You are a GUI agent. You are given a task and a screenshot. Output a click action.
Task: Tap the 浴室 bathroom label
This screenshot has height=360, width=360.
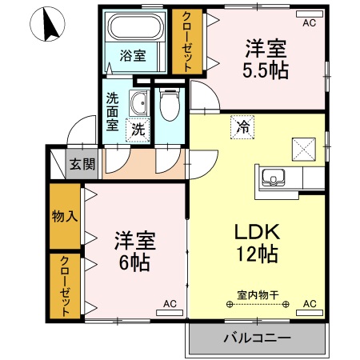coord(133,56)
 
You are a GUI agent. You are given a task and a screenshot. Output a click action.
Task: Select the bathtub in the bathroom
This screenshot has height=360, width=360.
coord(134,30)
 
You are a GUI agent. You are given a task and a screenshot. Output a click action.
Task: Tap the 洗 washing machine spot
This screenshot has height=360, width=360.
coord(138,128)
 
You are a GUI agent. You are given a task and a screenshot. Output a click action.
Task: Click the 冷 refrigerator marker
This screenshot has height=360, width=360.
coord(240,125)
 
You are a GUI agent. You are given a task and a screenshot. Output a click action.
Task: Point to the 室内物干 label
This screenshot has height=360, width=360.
coord(257,294)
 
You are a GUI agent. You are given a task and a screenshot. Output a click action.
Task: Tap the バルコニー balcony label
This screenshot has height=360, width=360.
coord(257,338)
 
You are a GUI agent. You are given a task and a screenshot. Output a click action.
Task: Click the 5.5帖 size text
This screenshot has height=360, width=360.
coord(266,70)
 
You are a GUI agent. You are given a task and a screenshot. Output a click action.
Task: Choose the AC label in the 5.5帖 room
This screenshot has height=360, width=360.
coord(309,23)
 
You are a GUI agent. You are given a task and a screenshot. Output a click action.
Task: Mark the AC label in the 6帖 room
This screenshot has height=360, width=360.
coord(170,304)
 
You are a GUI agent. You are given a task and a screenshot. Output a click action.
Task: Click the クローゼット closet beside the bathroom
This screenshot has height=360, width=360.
coord(187,42)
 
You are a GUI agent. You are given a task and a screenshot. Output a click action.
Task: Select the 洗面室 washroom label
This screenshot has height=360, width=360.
coord(113,112)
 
